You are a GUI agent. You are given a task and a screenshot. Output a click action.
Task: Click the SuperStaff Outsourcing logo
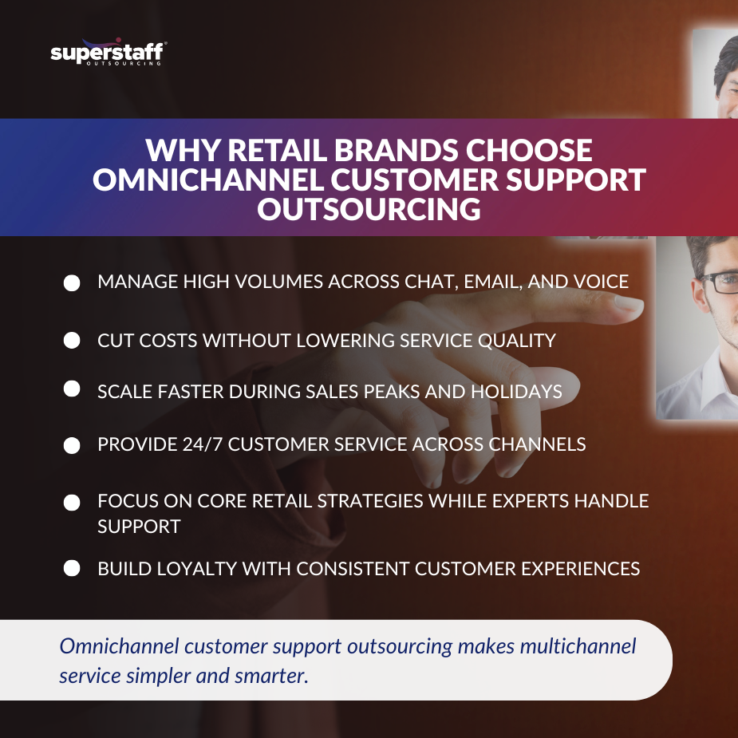point(108,53)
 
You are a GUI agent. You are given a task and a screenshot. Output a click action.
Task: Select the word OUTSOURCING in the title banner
point(368,209)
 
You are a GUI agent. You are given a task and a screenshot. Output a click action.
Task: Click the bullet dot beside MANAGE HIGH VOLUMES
point(72,283)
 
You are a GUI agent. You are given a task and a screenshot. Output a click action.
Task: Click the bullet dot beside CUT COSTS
point(72,341)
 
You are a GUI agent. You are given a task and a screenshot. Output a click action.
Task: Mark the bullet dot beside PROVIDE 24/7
point(72,445)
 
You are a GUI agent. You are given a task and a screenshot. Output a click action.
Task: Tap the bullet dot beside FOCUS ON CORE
point(72,503)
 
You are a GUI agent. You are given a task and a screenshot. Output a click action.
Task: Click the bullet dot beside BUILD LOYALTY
point(72,568)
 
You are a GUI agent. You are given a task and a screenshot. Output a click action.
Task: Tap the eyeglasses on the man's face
point(718,282)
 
